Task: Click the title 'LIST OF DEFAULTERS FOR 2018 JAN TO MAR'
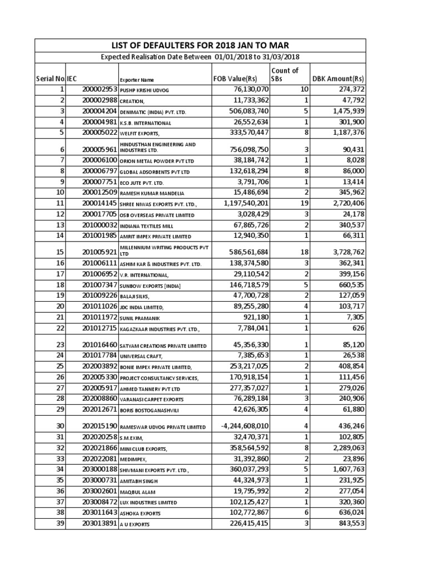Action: click(x=201, y=45)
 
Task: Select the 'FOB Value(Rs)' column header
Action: click(x=235, y=79)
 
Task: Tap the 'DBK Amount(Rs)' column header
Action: click(x=338, y=79)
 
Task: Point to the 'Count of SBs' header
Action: click(x=285, y=75)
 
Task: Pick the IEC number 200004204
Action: click(x=100, y=111)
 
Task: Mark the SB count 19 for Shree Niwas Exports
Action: click(x=304, y=204)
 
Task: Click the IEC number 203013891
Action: click(x=100, y=524)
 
